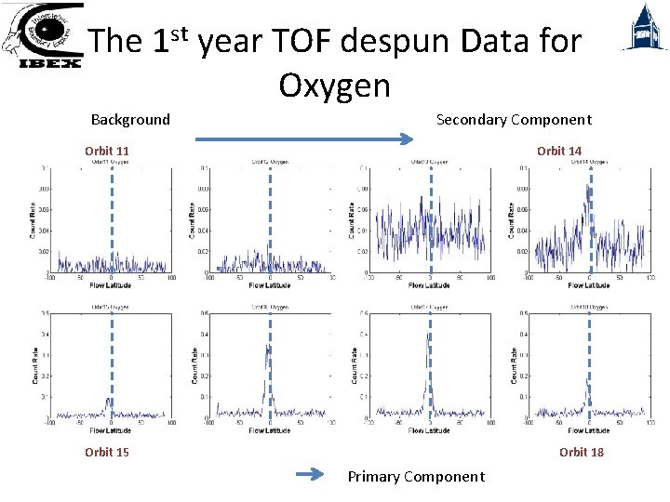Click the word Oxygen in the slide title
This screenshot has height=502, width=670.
pos(334,86)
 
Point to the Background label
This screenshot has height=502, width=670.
pos(130,119)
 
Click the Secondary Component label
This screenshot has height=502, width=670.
pos(514,119)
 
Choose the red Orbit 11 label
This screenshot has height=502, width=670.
pos(107,151)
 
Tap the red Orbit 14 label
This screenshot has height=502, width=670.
pos(559,151)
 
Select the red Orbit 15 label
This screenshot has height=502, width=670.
pos(107,452)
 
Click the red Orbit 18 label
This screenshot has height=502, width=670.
pos(582,452)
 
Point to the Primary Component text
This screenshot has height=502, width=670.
pos(416,477)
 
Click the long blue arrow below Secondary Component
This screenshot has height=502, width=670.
pos(303,139)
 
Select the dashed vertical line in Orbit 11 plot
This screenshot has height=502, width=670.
pos(111,218)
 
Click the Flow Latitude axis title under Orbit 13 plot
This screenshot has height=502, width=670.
pos(429,285)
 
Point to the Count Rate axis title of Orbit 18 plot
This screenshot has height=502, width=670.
pos(514,364)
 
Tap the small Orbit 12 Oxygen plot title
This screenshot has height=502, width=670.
pos(269,163)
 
